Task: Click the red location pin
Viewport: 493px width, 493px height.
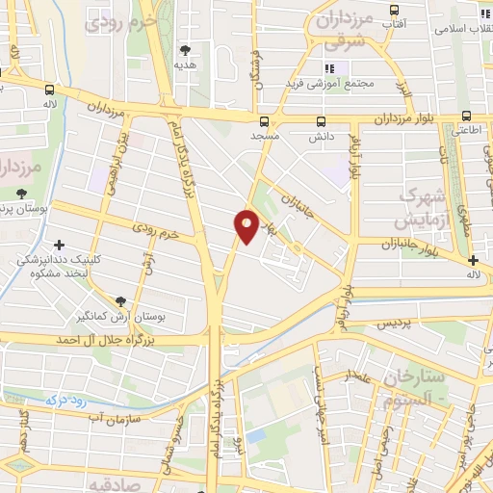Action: coord(247,224)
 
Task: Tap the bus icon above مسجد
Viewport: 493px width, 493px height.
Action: coord(265,121)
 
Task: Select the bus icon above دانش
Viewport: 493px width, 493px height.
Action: coord(322,121)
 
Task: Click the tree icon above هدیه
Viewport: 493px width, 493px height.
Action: coord(185,49)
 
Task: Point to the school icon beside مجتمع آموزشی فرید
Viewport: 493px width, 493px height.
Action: coord(328,68)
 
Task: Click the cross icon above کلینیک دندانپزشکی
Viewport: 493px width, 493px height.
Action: coord(61,246)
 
